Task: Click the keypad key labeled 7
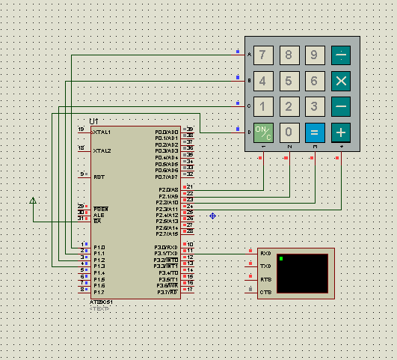(263, 55)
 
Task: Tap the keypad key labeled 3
(315, 106)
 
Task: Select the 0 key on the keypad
(289, 132)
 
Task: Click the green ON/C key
(263, 132)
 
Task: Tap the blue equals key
(315, 132)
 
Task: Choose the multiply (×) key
(341, 81)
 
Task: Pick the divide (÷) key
(341, 55)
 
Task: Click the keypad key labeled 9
(315, 55)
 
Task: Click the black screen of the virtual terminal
(302, 272)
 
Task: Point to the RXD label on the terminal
(265, 254)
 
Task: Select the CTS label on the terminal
(265, 292)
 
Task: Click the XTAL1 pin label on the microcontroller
(102, 132)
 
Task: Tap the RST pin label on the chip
(98, 177)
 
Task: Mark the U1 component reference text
(93, 120)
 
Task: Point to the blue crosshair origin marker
(212, 216)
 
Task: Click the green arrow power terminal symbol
(32, 201)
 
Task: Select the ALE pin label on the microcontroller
(97, 213)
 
